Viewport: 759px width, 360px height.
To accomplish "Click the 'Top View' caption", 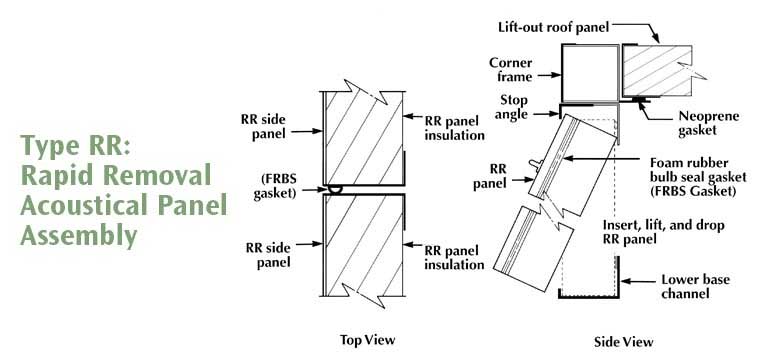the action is pos(367,340).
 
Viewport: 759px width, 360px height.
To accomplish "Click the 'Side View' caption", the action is pos(624,342).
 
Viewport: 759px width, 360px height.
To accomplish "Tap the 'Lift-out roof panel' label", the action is pos(553,27).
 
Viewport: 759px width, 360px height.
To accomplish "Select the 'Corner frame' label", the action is pos(511,70).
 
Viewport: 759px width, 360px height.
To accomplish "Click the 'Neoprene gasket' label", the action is pos(708,123).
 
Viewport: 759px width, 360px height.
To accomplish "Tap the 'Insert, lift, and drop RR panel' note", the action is pos(663,232).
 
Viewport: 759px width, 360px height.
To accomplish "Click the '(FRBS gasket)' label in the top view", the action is pos(278,185).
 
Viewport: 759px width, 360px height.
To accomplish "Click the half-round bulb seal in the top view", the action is pos(333,189).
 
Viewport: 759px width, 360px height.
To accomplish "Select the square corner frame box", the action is pos(590,74).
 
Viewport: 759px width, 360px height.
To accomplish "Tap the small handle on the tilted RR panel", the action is pos(534,165).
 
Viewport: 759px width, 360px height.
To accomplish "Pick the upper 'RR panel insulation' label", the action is pos(455,128).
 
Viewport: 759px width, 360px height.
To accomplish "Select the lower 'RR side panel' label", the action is pos(269,255).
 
